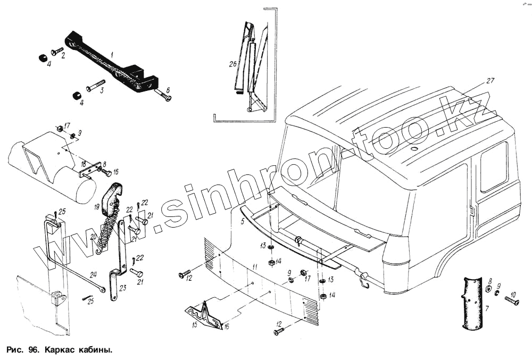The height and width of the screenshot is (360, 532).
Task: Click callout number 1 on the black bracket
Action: click(x=112, y=54)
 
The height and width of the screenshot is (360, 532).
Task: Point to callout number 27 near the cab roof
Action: click(x=490, y=81)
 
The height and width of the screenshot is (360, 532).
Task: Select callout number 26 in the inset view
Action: click(x=232, y=65)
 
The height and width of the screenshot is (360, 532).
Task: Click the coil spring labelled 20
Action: click(x=110, y=234)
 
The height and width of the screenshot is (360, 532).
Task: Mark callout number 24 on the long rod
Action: click(x=93, y=275)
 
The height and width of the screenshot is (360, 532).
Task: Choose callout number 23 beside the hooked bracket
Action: click(x=122, y=288)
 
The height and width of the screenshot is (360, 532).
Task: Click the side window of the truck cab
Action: click(x=494, y=166)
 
